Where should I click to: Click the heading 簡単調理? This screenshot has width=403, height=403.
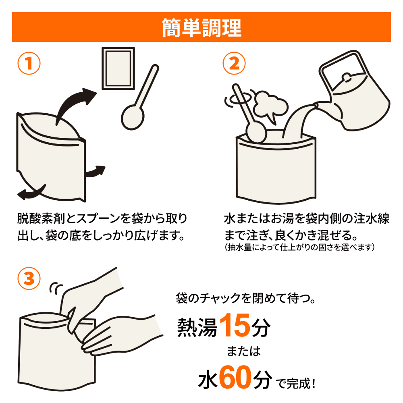(x=201, y=27)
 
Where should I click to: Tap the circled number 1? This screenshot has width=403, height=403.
(x=29, y=63)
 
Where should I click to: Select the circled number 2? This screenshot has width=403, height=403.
(x=234, y=63)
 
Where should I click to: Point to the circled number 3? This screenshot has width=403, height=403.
(x=29, y=278)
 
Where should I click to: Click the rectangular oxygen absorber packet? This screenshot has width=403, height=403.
(x=118, y=69)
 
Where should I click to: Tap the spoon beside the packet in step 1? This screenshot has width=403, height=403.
(x=139, y=98)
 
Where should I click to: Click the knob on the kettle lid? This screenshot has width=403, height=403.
(x=346, y=77)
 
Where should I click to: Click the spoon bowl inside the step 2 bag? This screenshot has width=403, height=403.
(x=256, y=133)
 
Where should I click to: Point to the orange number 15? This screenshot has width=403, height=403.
(x=235, y=325)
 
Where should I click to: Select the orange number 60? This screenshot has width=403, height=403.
(x=235, y=377)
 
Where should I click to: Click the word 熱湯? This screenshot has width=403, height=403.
(x=197, y=327)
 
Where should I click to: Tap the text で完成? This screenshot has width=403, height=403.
(x=295, y=384)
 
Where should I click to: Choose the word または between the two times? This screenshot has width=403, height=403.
(x=244, y=351)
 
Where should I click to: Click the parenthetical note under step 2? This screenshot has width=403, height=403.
(x=299, y=247)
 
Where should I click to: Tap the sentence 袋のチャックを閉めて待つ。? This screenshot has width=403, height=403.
(x=246, y=298)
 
